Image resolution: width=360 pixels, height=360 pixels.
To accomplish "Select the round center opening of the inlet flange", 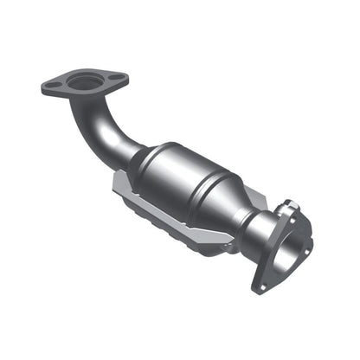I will pyautogui.click(x=84, y=83).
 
